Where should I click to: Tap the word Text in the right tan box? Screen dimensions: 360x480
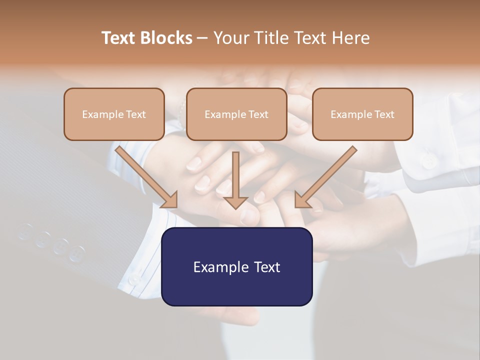coord(384,114)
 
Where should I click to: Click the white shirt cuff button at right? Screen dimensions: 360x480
coord(428,161)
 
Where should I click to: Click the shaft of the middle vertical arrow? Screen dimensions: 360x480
coord(235,172)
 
